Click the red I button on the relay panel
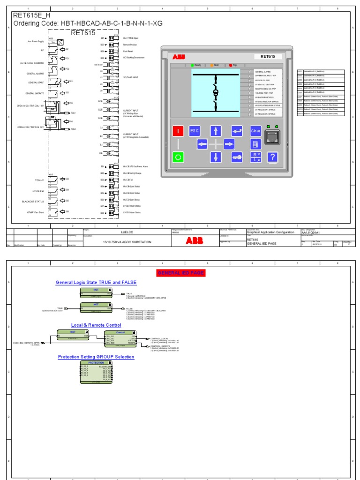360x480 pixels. click(178, 131)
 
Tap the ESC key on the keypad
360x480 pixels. click(195, 131)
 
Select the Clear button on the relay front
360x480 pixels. click(256, 131)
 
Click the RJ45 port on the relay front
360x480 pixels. click(273, 137)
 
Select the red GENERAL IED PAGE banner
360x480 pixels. click(180, 273)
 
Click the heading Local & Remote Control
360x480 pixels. click(96, 325)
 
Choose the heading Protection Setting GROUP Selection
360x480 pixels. click(96, 357)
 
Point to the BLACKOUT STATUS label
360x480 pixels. click(32, 202)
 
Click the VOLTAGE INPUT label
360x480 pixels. click(131, 77)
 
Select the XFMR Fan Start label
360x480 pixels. click(35, 212)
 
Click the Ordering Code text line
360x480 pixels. click(88, 23)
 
